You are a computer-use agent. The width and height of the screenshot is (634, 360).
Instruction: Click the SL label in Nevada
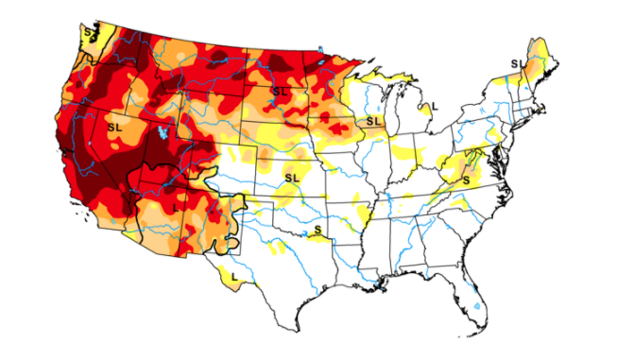coord(115,126)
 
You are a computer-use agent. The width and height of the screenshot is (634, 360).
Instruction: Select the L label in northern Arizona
coord(176,206)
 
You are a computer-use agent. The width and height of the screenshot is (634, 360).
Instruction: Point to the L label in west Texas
coord(233,276)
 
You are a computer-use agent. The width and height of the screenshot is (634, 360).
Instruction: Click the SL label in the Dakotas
coord(279,91)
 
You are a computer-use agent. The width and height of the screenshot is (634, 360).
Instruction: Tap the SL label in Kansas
coord(290,177)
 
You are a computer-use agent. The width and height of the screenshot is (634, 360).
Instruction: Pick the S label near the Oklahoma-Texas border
coord(317,230)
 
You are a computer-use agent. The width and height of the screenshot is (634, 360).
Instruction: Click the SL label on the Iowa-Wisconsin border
coord(374,121)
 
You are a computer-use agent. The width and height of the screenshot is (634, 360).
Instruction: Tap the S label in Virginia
coord(467,179)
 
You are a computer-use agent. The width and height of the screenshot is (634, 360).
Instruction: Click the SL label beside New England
coord(518,63)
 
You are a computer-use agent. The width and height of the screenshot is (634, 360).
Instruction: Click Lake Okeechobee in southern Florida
coord(475,307)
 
